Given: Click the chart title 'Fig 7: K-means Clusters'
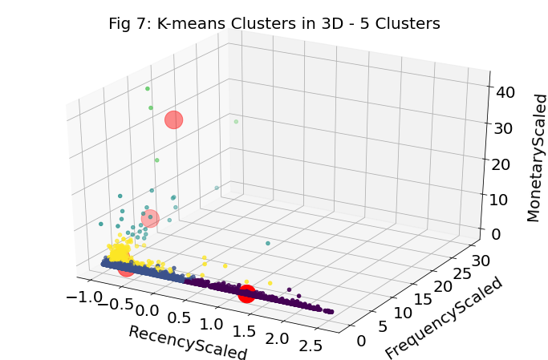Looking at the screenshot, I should coord(274,24).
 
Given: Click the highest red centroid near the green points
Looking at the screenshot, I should coord(173,120).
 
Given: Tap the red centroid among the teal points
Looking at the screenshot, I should coord(149,218).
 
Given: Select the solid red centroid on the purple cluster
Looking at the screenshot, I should coord(246,293).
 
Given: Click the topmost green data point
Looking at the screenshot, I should coord(148,88).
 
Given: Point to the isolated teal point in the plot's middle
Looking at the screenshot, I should coord(268,243).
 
